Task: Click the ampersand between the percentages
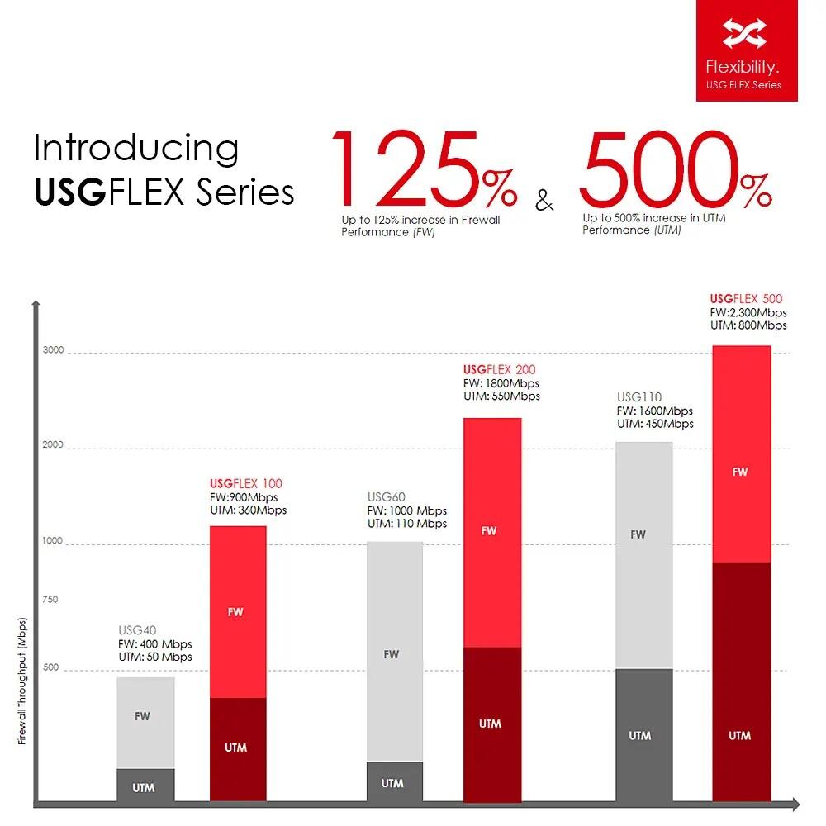[544, 200]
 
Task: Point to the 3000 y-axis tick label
[53, 350]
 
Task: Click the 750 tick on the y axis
[50, 600]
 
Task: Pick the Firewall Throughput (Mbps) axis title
[23, 681]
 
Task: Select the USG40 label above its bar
[137, 631]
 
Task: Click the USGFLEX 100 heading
[246, 483]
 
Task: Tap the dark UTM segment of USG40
[145, 785]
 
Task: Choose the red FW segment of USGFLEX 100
[238, 612]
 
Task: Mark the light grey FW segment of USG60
[394, 653]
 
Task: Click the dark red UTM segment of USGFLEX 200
[491, 724]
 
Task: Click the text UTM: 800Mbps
[748, 325]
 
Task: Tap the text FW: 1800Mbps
[501, 383]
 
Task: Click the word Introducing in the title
[136, 149]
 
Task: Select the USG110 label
[639, 397]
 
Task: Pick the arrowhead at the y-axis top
[36, 304]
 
